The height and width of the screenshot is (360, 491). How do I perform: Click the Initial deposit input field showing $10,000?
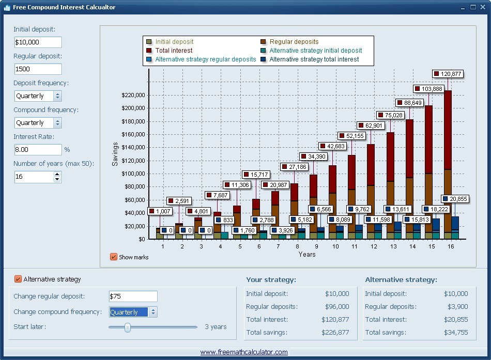38,42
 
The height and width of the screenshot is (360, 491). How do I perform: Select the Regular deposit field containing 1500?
38,69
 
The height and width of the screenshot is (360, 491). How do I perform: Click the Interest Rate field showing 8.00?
38,150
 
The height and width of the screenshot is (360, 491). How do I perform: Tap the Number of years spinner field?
34,177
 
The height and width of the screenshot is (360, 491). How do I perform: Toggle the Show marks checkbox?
114,257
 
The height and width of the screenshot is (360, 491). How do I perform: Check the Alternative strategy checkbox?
18,279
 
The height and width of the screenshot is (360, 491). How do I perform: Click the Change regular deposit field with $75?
133,296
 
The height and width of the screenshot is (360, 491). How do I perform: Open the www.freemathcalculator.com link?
244,352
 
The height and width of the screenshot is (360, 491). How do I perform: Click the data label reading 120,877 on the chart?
448,74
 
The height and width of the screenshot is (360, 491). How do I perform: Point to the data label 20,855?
456,199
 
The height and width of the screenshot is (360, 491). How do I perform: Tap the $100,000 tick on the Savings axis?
133,174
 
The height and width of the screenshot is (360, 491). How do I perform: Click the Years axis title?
307,254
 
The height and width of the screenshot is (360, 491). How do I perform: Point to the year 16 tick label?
451,246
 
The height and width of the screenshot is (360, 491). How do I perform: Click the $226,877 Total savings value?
335,333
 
